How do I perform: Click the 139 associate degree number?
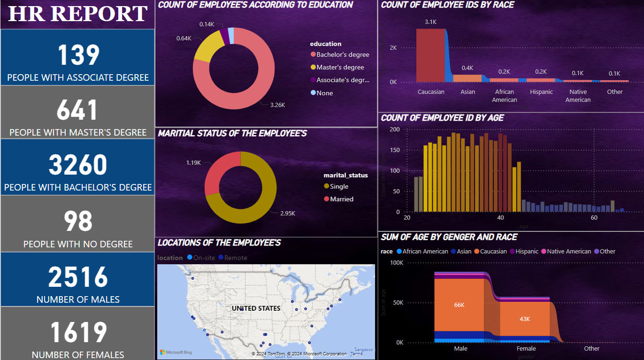[78, 55]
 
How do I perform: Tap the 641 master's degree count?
[78, 110]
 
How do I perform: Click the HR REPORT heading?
[78, 14]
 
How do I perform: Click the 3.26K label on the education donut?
[277, 105]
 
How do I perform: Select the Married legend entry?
[341, 199]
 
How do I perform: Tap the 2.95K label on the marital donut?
[287, 213]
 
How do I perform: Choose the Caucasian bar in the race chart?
[430, 55]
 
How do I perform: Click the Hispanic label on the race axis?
[541, 92]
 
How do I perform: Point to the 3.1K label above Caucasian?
[430, 22]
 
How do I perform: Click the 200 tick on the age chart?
[395, 130]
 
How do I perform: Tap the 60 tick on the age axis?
[594, 218]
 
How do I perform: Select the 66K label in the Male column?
[459, 305]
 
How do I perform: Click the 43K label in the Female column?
[524, 319]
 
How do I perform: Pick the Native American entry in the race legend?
[568, 252]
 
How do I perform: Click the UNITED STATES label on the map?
[256, 308]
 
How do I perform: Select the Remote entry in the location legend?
[235, 258]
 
